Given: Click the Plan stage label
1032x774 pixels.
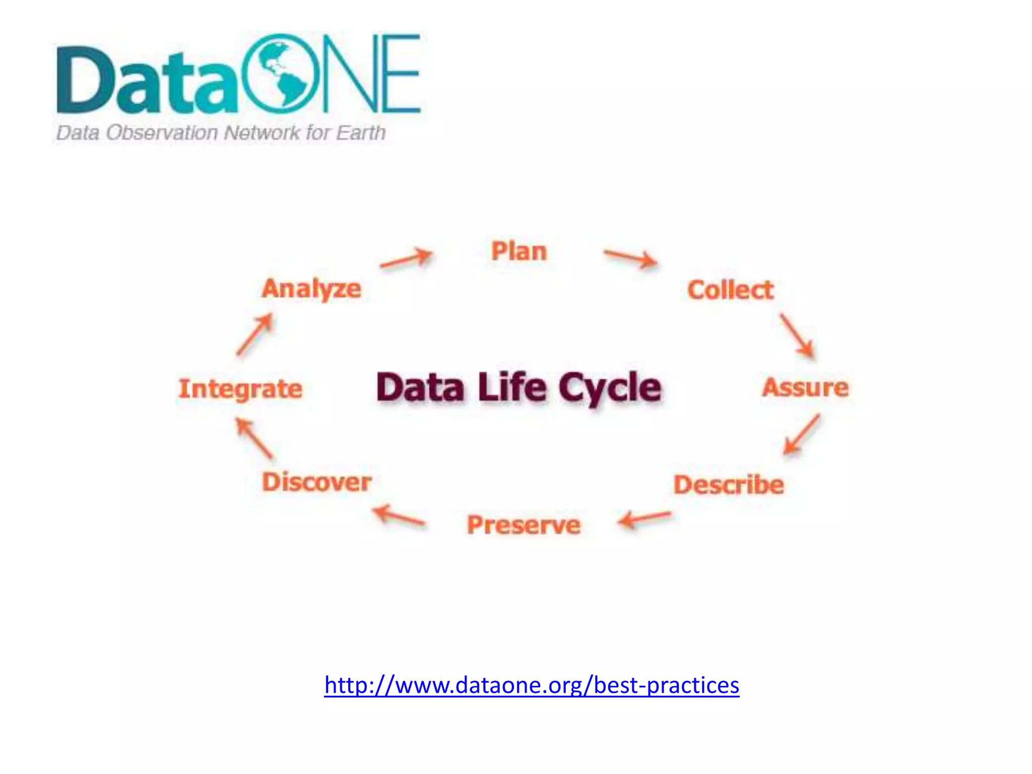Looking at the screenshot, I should coord(519,251).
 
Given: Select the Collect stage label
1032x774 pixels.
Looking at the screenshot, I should coord(730,290).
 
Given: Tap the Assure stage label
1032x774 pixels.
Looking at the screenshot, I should coord(805,388).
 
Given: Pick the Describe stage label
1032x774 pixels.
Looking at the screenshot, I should coord(729,485).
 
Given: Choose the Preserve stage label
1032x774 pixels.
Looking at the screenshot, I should coord(524,525).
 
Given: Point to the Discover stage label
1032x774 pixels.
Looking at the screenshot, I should coord(316,482).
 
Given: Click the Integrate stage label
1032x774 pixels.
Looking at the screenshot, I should coord(240,389).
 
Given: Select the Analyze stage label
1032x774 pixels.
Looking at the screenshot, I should coord(311,289).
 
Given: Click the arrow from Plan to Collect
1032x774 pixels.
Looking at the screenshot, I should coord(631,259).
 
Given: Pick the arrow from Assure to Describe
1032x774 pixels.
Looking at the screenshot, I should coord(801,434).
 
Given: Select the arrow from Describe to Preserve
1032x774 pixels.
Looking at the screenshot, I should coord(644,519).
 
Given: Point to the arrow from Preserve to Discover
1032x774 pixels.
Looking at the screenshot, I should coord(399,516).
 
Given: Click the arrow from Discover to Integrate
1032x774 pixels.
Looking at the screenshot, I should coord(254,438).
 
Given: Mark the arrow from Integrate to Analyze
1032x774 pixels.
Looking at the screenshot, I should coord(255,335).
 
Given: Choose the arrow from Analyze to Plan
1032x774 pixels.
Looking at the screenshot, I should coord(406,259).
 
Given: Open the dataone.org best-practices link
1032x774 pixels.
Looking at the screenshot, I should coord(532,685).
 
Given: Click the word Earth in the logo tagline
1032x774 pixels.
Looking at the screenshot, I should coord(361,133).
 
